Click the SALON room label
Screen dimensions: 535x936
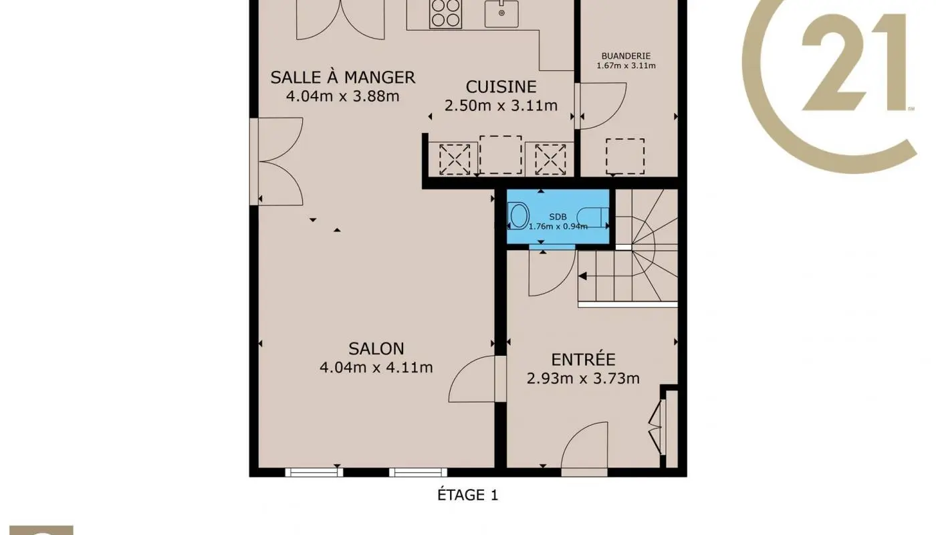[376, 348]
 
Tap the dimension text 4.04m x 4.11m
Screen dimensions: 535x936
[376, 367]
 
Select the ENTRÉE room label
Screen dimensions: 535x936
[583, 360]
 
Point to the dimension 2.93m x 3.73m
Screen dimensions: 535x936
[583, 379]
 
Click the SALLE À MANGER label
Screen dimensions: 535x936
[342, 78]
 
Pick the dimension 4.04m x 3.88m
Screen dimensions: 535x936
[342, 96]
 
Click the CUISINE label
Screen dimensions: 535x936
[501, 87]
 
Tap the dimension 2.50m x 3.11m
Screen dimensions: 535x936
[501, 106]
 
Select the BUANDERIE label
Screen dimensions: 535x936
[626, 56]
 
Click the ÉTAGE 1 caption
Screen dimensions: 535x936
[467, 496]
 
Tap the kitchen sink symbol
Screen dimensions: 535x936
[501, 13]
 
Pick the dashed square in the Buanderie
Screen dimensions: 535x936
[625, 156]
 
